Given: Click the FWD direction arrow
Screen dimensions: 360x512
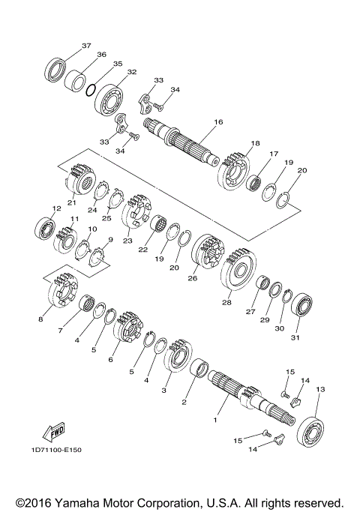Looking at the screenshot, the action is pos(54,432).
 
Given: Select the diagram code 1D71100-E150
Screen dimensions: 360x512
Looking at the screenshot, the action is pos(56,450).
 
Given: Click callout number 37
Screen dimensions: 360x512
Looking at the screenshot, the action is pos(86,46).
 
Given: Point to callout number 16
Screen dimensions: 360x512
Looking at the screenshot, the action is pos(218,121).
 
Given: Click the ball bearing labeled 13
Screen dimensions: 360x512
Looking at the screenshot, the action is pos(310,431).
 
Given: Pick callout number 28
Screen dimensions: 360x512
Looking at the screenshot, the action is pos(226,302).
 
